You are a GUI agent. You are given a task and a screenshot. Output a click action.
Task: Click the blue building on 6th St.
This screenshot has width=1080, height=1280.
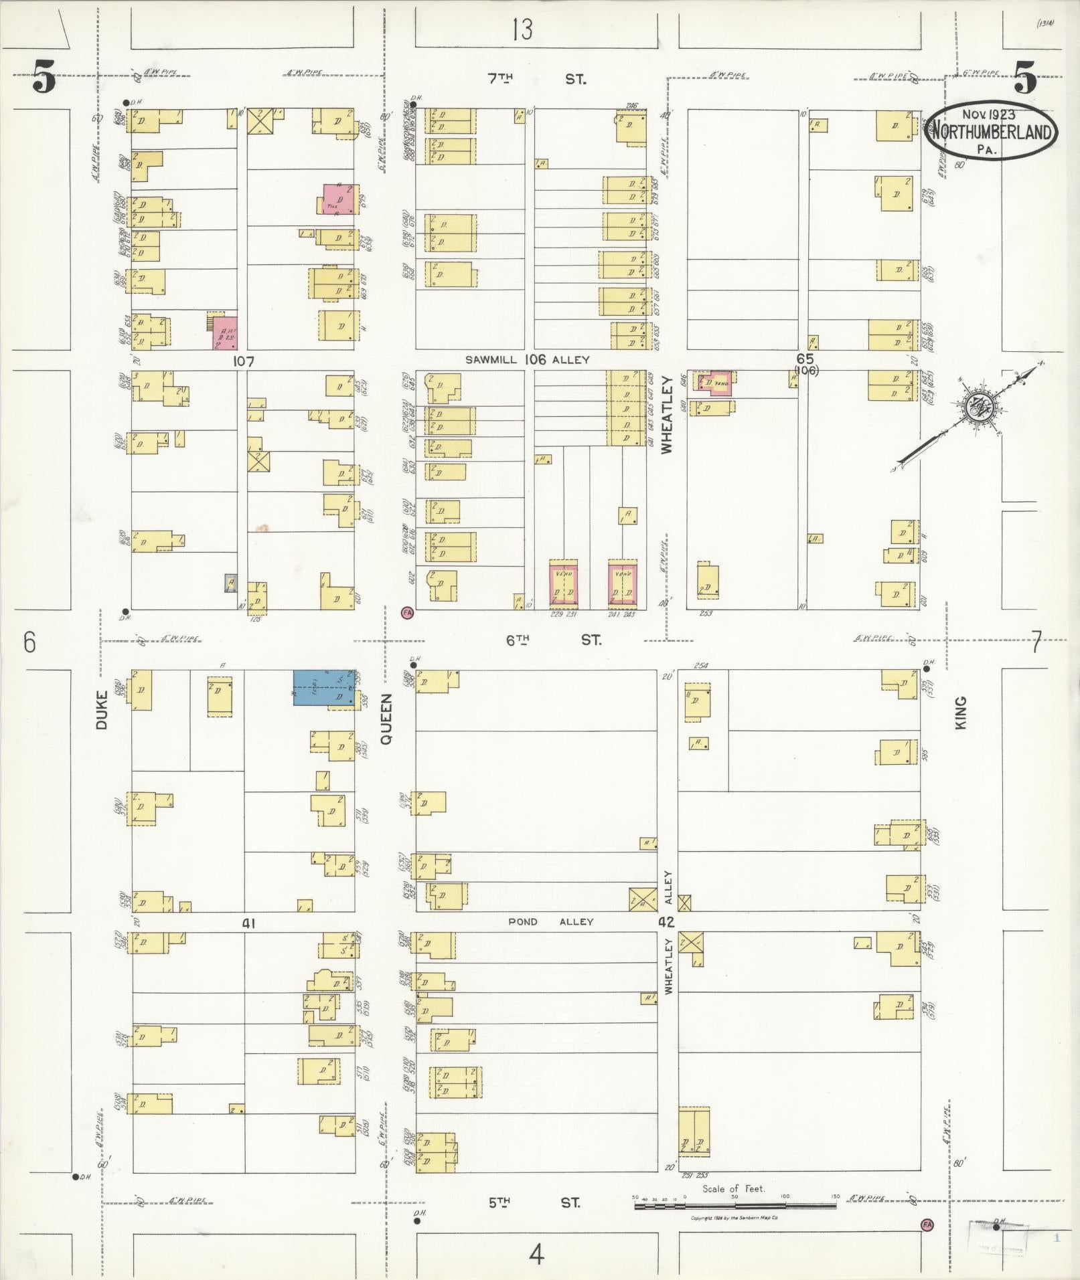click(323, 687)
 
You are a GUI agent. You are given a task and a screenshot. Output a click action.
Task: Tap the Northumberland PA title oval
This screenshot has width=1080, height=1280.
click(990, 132)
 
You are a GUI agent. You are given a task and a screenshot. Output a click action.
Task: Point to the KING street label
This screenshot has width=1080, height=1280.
click(961, 712)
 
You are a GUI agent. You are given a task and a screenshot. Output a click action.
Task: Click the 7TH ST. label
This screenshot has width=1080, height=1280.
click(536, 79)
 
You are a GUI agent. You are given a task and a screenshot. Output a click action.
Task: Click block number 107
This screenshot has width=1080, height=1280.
click(244, 361)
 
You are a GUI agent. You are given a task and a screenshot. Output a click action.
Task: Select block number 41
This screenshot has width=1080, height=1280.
click(249, 923)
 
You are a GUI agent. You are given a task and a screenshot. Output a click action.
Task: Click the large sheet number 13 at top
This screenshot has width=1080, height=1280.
click(522, 29)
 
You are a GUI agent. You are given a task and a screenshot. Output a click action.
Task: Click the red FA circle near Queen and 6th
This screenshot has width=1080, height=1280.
click(406, 612)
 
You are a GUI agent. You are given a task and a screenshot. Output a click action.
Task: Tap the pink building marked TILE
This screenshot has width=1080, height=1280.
click(339, 199)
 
